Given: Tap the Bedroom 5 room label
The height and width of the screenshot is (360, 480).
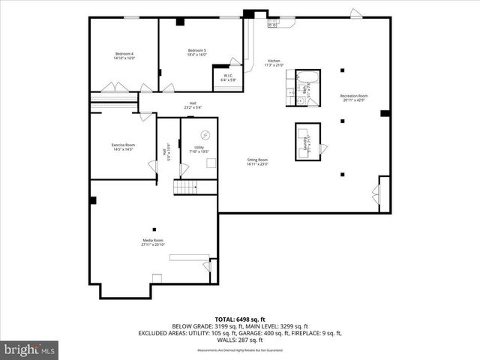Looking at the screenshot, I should tap(196, 52).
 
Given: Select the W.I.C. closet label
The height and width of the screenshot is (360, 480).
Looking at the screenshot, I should tap(227, 77).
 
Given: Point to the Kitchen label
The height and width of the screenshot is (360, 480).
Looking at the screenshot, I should tap(274, 63).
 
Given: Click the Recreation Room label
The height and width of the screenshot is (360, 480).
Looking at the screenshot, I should tap(353, 97).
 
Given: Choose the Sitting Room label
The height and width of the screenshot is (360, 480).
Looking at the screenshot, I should tap(257, 161).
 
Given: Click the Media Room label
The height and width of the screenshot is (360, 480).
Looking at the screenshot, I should tap(153, 242).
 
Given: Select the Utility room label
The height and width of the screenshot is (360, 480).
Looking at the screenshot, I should tap(199, 149).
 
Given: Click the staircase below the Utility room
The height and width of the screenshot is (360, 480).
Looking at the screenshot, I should tap(184, 187).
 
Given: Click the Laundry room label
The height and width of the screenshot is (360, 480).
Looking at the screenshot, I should tap(307, 137).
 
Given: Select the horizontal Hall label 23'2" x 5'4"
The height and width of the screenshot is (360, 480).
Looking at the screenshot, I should tap(193, 105).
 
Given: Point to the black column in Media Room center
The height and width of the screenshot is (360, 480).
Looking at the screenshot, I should tap(153, 229).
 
